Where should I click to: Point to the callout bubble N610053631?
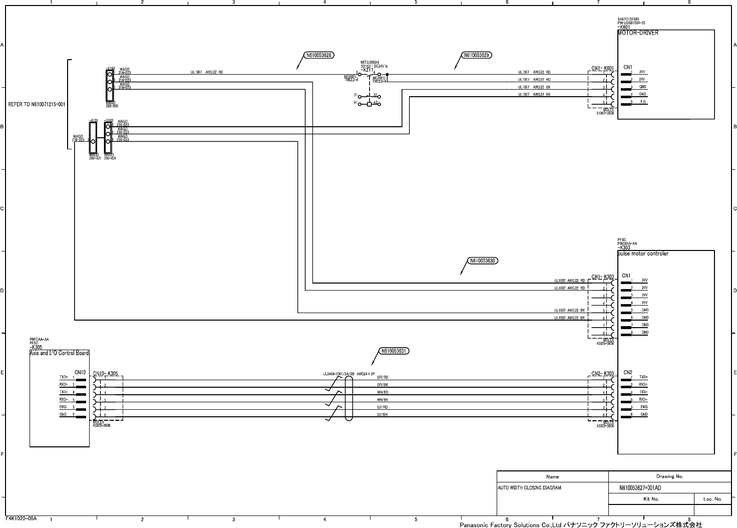pyautogui.click(x=395, y=351)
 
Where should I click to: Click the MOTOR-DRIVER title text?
pyautogui.click(x=638, y=33)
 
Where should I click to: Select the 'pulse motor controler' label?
pyautogui.click(x=643, y=253)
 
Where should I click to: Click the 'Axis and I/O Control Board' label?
pyautogui.click(x=59, y=353)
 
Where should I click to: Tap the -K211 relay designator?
pyautogui.click(x=367, y=70)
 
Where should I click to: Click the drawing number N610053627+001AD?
pyautogui.click(x=640, y=488)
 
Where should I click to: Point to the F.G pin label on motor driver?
pyautogui.click(x=643, y=102)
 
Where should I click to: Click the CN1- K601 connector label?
pyautogui.click(x=602, y=68)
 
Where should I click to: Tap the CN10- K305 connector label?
pyautogui.click(x=105, y=374)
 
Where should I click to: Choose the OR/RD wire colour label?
pyautogui.click(x=383, y=377)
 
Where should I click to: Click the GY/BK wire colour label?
pyautogui.click(x=383, y=415)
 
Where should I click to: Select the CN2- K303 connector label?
pyautogui.click(x=602, y=374)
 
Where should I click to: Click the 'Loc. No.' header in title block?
pyautogui.click(x=712, y=499)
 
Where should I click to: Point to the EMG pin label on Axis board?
pyautogui.click(x=63, y=407)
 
